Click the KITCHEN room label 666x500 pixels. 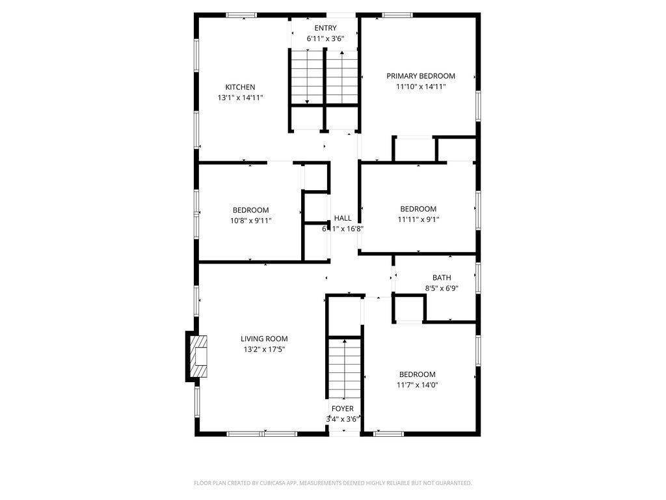[x=240, y=87]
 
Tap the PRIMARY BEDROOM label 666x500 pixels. [x=421, y=76]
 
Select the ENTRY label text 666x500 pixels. [x=325, y=28]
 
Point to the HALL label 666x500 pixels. [x=343, y=218]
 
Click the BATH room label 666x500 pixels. [x=442, y=278]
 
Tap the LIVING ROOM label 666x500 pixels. [x=264, y=339]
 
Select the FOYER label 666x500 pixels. [x=343, y=409]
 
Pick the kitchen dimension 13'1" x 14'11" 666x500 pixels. [x=240, y=98]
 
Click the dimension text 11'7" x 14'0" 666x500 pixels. [x=418, y=385]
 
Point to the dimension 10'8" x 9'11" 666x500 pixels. [x=250, y=220]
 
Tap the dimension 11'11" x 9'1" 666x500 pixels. [x=418, y=219]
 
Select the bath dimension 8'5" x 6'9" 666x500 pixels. [x=442, y=288]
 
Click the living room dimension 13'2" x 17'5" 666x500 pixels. [x=264, y=349]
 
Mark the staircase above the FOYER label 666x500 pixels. [x=343, y=368]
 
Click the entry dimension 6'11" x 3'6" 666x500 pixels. [x=325, y=38]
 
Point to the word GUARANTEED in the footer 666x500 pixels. [x=452, y=483]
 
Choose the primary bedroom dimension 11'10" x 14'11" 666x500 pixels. [x=421, y=87]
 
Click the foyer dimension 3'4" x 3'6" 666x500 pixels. [x=343, y=419]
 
